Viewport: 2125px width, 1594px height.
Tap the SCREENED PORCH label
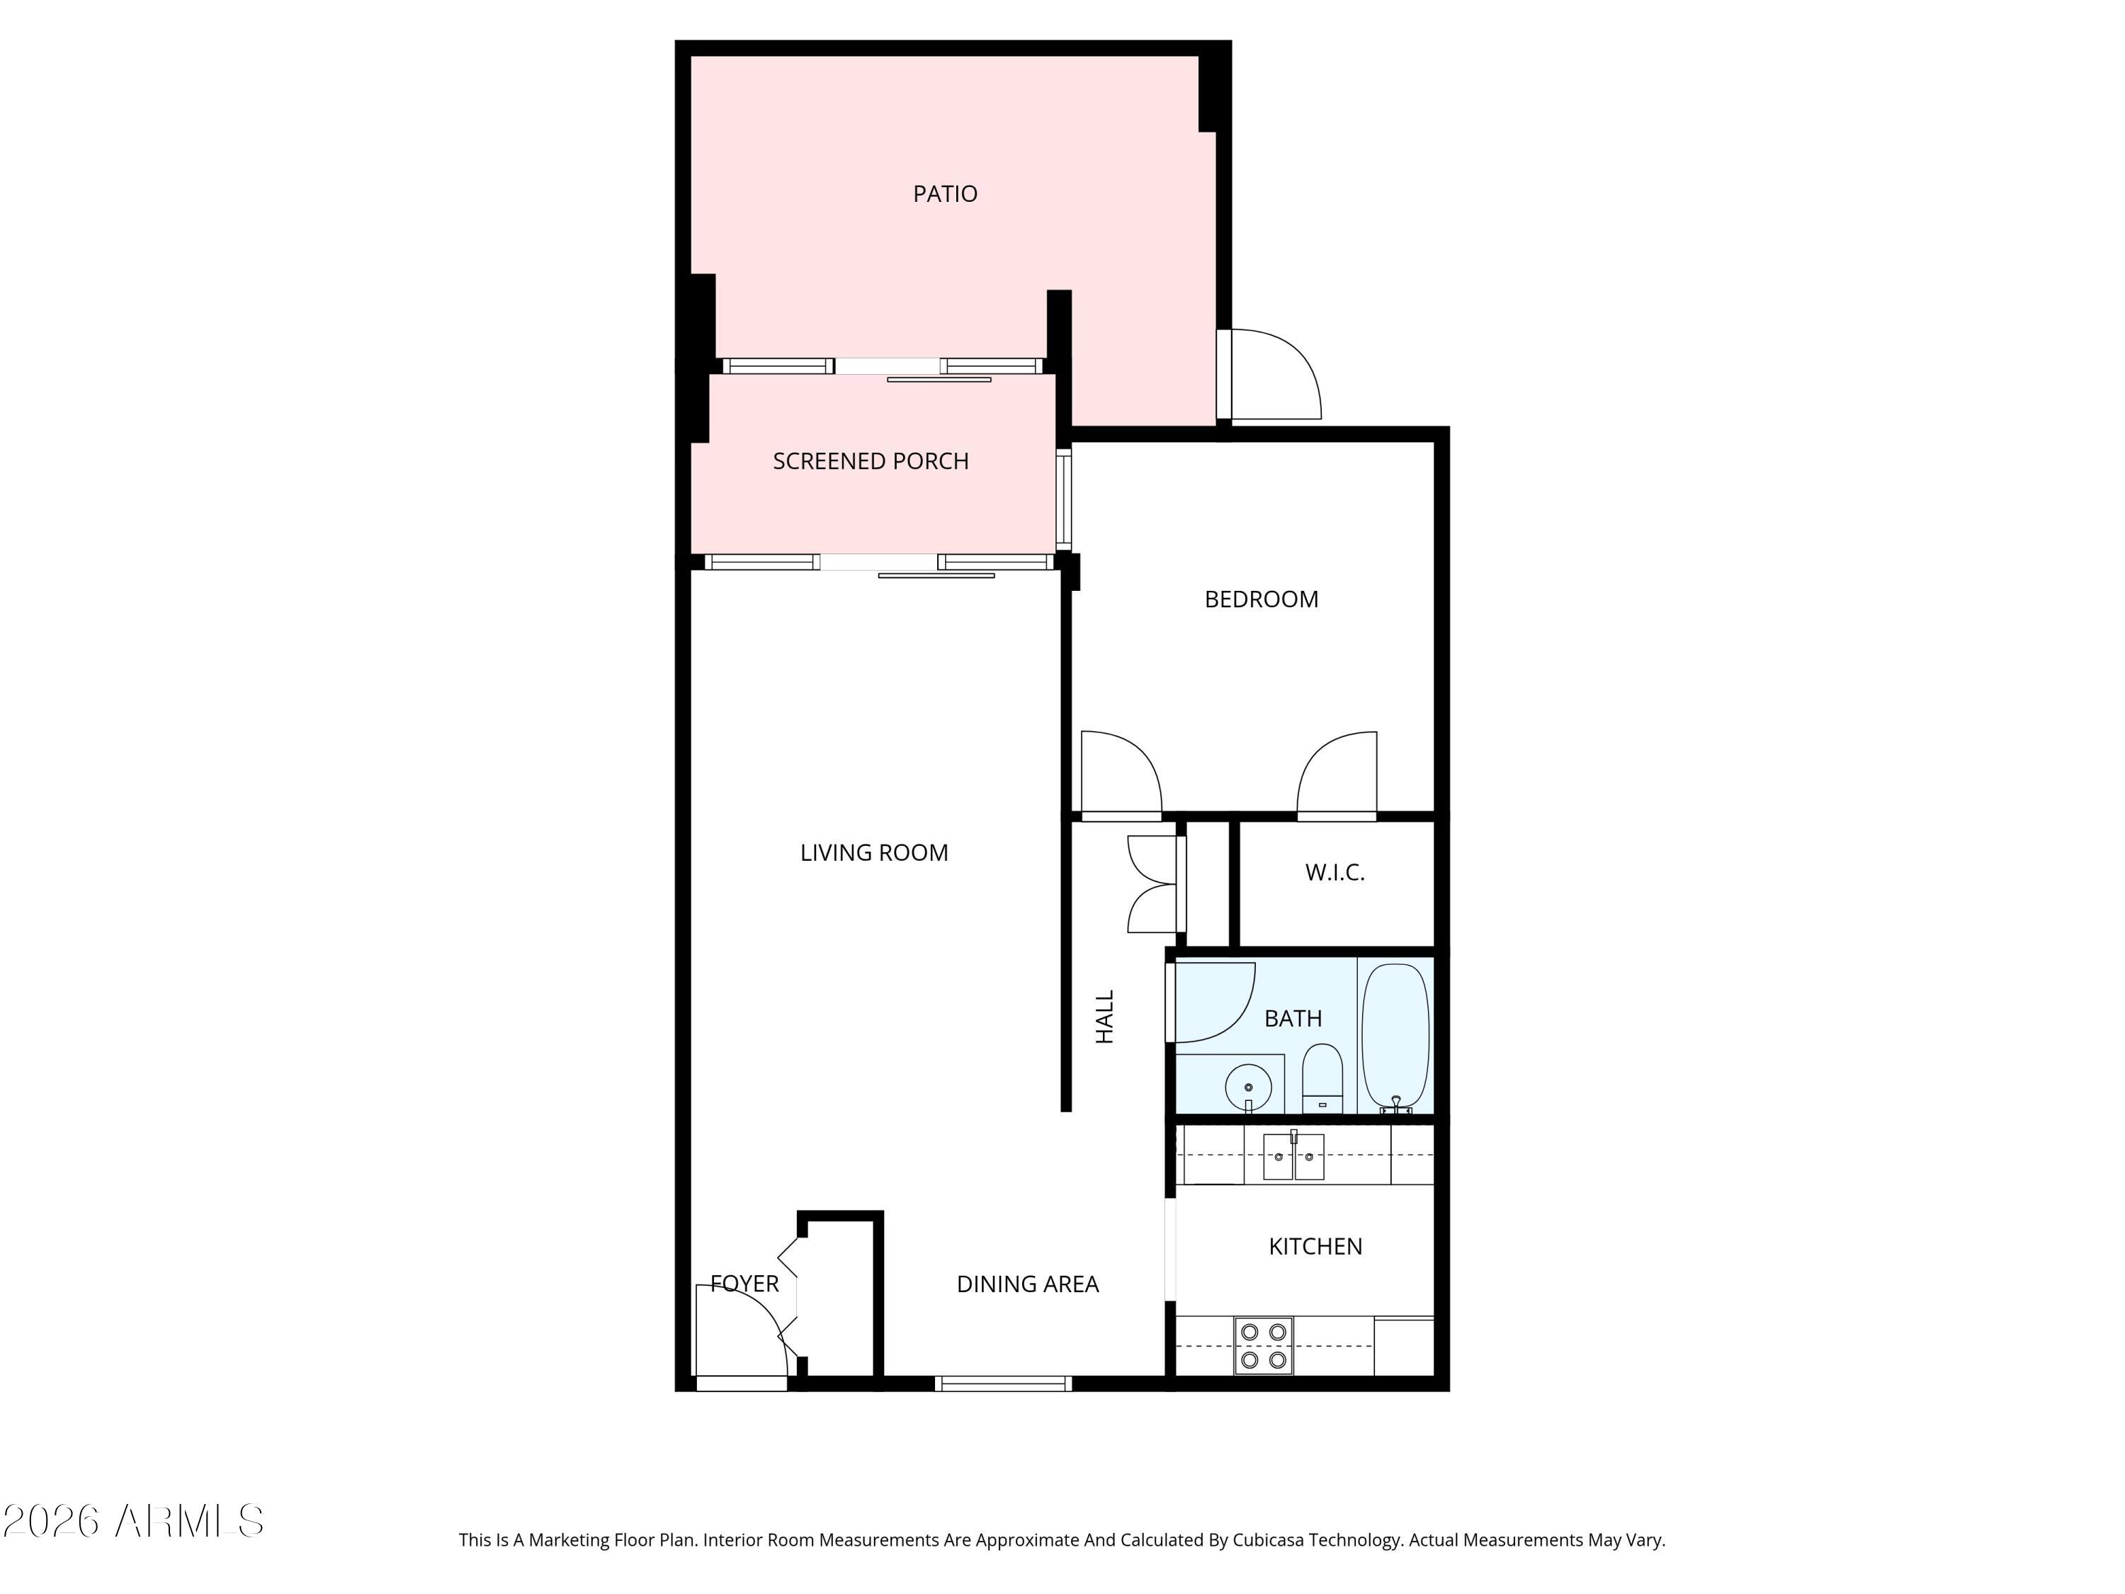[x=871, y=461]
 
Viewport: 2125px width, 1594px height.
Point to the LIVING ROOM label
[x=873, y=853]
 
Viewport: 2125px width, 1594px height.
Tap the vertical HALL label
[x=1105, y=1017]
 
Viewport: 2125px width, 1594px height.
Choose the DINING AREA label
[x=1027, y=1284]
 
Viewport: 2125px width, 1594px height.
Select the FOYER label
[x=744, y=1284]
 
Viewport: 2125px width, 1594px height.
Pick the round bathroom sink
[x=1248, y=1087]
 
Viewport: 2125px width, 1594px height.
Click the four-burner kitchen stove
[x=1262, y=1346]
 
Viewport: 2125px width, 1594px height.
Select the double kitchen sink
[x=1292, y=1157]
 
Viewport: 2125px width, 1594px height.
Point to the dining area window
[x=1002, y=1384]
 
